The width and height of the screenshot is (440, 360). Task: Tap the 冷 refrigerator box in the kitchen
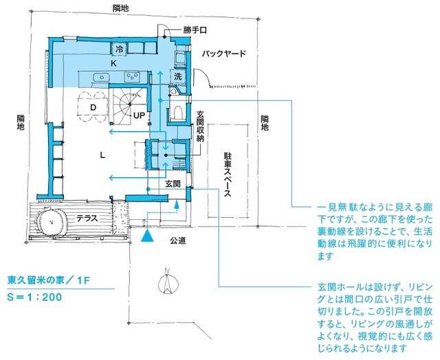(x=118, y=49)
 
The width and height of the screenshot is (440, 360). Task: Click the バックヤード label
(x=223, y=53)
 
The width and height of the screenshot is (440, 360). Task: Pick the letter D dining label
(x=91, y=106)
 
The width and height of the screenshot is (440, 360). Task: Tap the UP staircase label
(x=139, y=115)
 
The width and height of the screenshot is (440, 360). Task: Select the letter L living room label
(x=102, y=155)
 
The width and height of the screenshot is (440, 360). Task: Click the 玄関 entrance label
(x=172, y=183)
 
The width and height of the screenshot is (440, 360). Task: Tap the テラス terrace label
(x=86, y=218)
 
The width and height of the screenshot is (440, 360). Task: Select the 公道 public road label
(x=179, y=241)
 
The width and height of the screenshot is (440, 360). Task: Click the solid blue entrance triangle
(x=146, y=236)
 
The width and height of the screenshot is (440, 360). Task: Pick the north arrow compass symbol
(x=165, y=280)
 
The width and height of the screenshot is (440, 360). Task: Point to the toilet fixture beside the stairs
(x=176, y=112)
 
